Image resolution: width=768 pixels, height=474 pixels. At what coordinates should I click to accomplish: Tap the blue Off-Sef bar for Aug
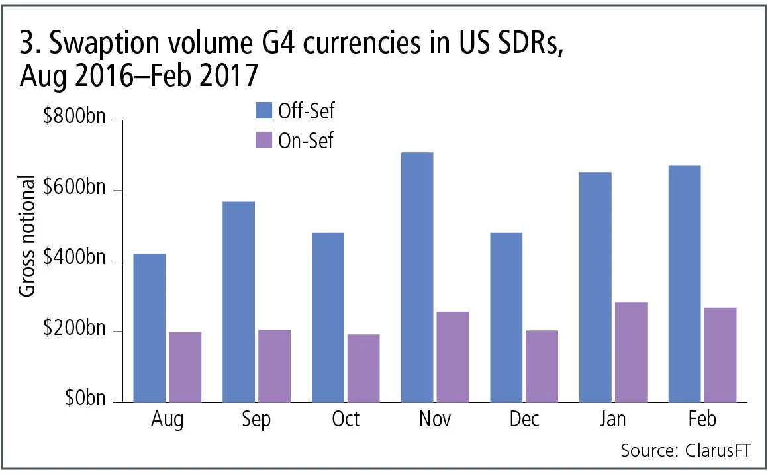click(150, 328)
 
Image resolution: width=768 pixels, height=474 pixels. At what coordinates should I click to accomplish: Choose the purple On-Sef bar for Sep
click(274, 365)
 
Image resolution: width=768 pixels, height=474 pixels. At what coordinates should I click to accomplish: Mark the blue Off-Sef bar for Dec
click(506, 317)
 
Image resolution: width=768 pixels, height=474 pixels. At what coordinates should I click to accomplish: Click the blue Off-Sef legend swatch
click(264, 111)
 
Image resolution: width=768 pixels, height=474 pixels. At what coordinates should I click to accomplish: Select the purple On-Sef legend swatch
click(264, 141)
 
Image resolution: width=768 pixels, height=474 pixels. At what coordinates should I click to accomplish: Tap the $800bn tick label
click(73, 120)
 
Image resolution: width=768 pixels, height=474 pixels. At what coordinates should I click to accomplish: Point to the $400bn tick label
click(73, 260)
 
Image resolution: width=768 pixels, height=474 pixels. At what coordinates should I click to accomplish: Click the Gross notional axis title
click(26, 237)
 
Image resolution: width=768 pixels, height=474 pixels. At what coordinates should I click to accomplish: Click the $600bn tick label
click(73, 190)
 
